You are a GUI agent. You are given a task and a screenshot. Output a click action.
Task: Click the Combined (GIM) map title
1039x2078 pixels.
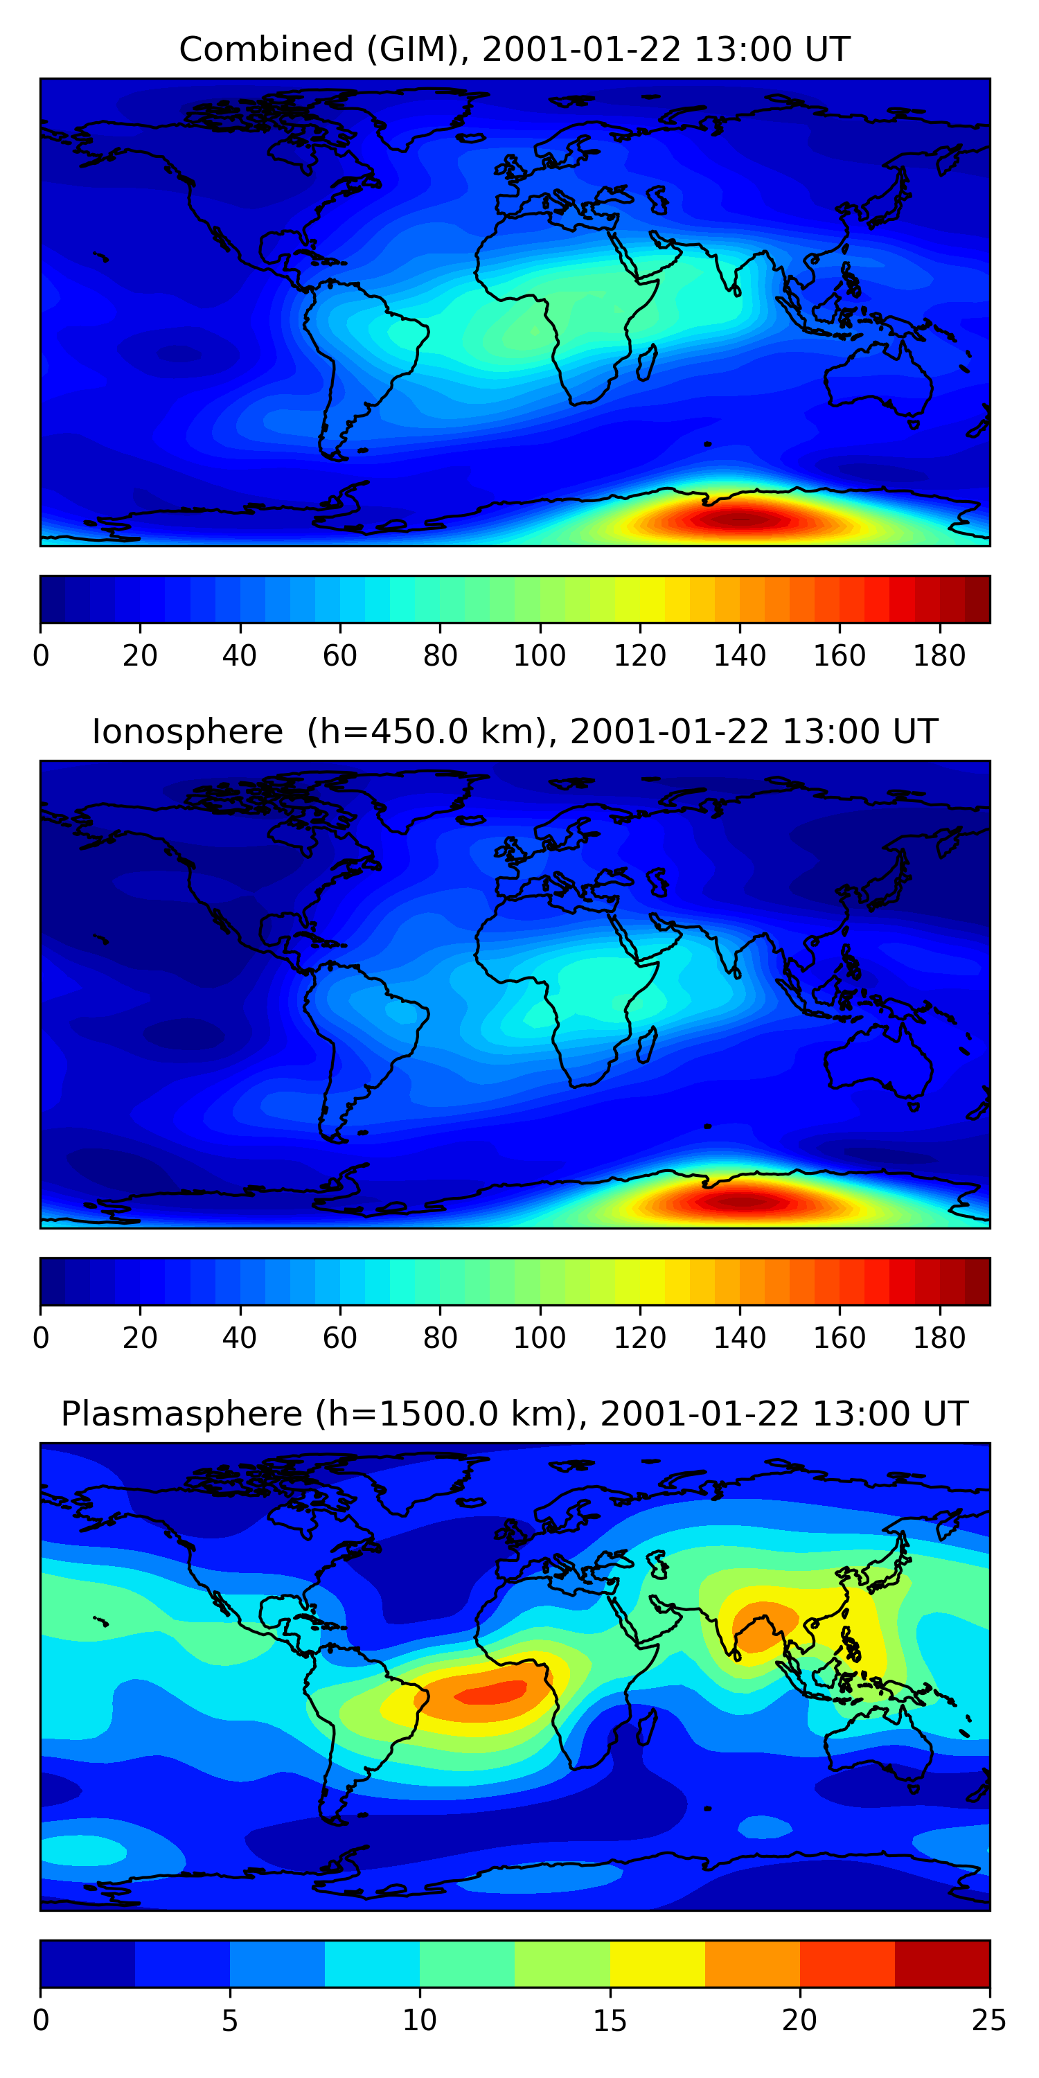515,50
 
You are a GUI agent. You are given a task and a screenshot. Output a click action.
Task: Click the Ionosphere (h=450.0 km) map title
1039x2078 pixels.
515,732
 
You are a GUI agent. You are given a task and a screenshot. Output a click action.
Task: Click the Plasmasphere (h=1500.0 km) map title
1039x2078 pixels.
515,1414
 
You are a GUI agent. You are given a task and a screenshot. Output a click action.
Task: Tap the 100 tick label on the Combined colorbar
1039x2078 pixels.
540,656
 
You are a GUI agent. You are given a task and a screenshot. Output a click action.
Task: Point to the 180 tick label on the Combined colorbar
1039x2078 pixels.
939,656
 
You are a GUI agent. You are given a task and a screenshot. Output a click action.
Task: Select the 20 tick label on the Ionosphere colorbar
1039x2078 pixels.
139,1338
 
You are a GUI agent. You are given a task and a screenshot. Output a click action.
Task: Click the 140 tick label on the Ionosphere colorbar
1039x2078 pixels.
740,1338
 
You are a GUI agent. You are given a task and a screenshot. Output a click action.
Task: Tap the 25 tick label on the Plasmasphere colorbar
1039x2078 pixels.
989,2021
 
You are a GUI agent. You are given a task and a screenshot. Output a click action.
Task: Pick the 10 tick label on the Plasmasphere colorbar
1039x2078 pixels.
420,2021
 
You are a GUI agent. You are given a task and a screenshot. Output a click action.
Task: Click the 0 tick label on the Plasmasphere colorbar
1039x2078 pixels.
41,2021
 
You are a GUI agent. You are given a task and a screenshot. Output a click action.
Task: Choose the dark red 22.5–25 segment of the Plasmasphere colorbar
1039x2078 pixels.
941,1964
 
